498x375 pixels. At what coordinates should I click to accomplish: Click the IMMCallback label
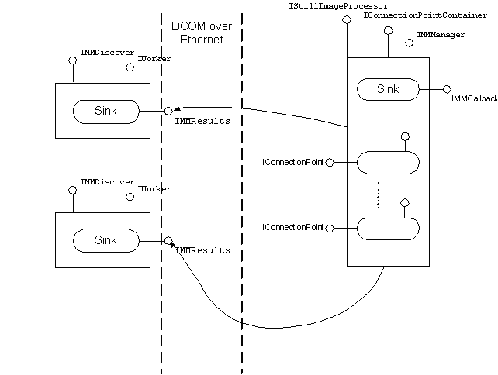(x=473, y=99)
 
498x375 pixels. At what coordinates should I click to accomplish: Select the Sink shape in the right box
(x=388, y=89)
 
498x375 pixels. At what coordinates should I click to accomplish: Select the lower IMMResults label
(x=202, y=250)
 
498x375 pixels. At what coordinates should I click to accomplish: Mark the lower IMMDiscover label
(x=107, y=181)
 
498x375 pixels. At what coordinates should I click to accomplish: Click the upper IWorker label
(x=154, y=59)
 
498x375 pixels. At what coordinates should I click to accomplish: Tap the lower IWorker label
(x=154, y=188)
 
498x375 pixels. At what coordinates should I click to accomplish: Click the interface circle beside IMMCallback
(x=448, y=90)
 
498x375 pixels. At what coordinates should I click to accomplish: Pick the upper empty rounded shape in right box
(x=388, y=163)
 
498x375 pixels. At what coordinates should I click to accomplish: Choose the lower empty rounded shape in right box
(x=388, y=228)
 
